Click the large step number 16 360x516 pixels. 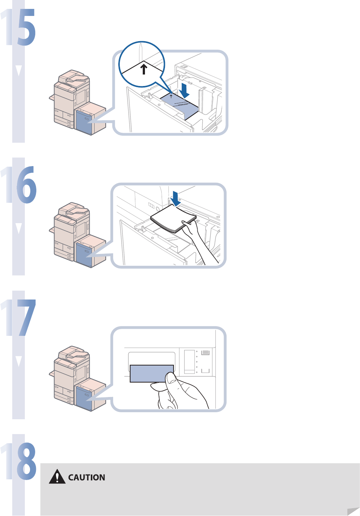[x=19, y=185]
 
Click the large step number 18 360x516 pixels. [x=19, y=461]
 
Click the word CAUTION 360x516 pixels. [x=87, y=477]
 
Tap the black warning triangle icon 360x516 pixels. [x=57, y=477]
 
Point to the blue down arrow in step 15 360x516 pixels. [x=184, y=91]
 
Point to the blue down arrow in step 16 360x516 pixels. [x=175, y=199]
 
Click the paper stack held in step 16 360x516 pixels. [x=173, y=219]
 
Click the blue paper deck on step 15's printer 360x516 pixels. [x=84, y=122]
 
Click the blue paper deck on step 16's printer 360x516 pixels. [x=84, y=254]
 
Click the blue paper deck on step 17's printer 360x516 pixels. [x=84, y=398]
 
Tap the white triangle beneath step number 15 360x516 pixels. [x=19, y=70]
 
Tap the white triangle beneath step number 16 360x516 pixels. [x=19, y=228]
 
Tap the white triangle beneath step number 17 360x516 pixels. [x=19, y=361]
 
